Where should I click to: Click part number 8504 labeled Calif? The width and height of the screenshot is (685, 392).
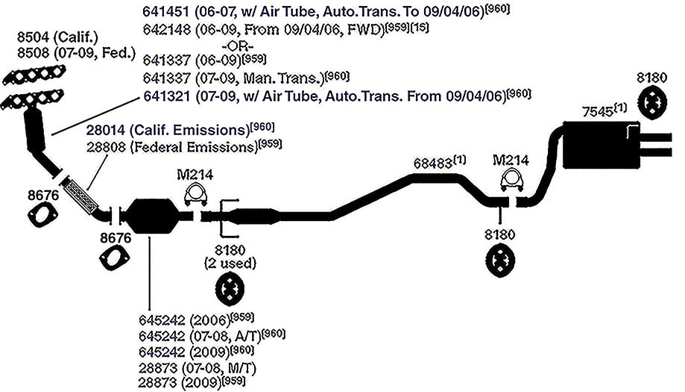33,37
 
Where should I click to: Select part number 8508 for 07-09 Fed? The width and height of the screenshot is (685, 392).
34,53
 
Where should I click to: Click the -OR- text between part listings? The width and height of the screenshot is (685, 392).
238,46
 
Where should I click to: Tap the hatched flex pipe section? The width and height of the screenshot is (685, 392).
81,196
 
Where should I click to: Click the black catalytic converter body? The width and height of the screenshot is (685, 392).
152,216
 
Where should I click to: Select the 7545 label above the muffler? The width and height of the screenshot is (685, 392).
597,112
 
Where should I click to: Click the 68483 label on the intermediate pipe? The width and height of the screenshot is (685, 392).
433,164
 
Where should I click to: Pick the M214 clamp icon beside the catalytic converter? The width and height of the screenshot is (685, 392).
195,194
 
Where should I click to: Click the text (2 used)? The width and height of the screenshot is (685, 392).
230,264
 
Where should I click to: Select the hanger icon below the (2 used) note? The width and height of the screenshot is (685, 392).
230,289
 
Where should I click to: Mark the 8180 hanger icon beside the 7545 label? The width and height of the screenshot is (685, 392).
651,103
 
